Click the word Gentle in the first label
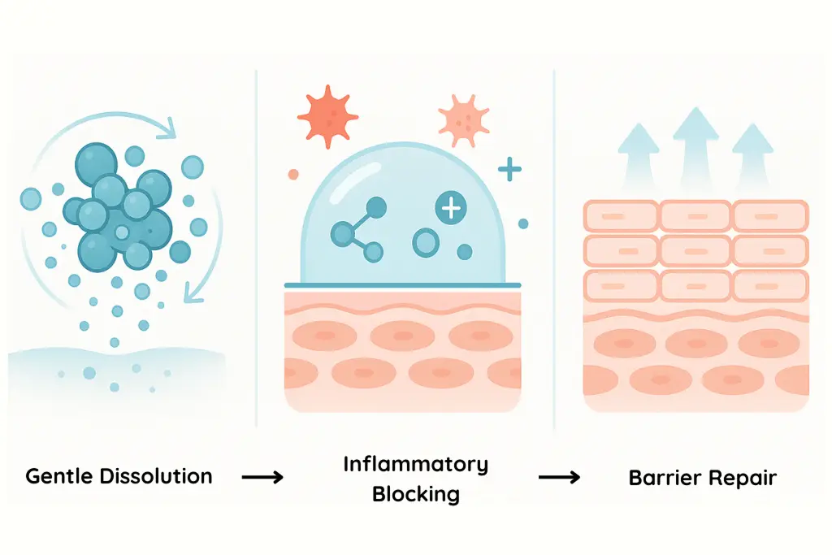(x=61, y=476)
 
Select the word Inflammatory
(x=415, y=465)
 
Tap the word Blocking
(x=415, y=493)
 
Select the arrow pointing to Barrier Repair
(x=561, y=477)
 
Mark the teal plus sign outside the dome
(x=509, y=170)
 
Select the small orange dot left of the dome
(x=293, y=174)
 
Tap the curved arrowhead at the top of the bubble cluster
(x=170, y=127)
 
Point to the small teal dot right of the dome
(x=523, y=223)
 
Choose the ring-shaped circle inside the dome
(x=425, y=241)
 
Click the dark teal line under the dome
(x=402, y=285)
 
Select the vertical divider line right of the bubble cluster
(x=256, y=244)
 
